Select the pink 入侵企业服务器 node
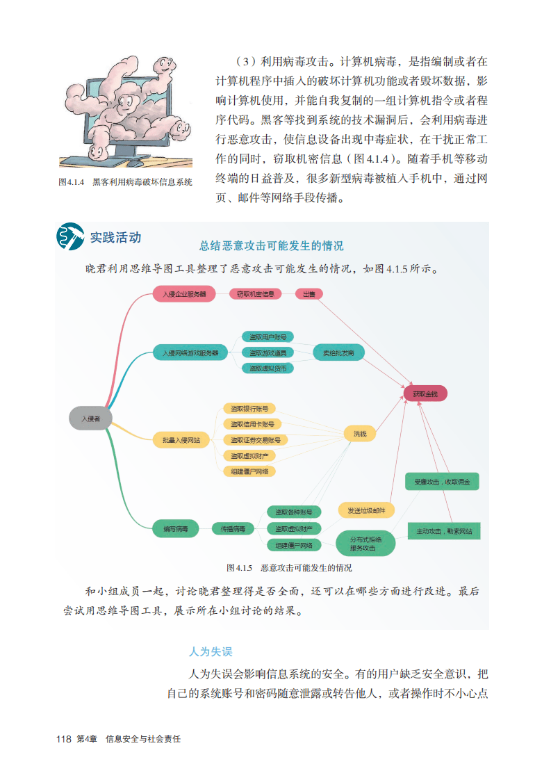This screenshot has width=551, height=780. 184,294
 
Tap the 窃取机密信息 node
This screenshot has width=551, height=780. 255,294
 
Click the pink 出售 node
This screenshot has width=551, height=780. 309,294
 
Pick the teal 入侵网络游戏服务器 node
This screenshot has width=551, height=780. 190,352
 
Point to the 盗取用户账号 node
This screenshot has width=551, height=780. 268,337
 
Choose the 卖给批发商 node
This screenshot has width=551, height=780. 338,352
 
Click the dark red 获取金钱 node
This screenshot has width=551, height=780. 425,394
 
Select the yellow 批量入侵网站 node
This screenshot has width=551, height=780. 181,439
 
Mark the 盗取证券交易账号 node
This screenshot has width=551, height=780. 255,440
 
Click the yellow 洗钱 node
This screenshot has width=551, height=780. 359,434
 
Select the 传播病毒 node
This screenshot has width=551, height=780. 233,529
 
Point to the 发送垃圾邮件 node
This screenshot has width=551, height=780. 366,510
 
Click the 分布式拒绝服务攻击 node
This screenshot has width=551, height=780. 365,543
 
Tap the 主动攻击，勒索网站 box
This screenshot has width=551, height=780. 444,531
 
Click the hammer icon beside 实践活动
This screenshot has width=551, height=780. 70,237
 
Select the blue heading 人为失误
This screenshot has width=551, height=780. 210,651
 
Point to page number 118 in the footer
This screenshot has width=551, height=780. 63,739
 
